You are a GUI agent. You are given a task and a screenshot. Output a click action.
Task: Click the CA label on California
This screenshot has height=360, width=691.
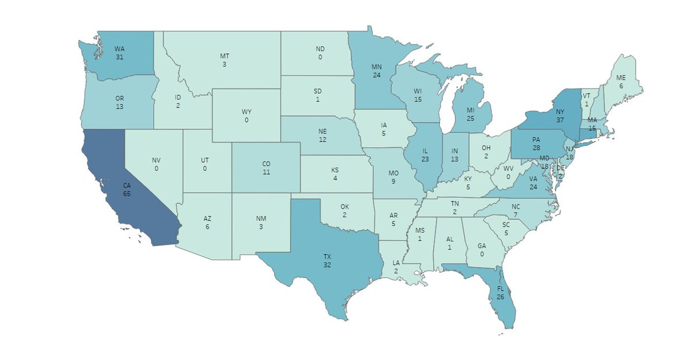click(x=126, y=185)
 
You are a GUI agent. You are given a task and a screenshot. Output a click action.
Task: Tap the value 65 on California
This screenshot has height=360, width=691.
click(x=126, y=194)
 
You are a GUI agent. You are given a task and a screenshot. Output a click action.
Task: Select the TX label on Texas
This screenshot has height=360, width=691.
click(x=327, y=256)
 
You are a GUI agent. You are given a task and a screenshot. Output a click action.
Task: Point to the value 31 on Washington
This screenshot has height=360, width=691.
click(x=120, y=57)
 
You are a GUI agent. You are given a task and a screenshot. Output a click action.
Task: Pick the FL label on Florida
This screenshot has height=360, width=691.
click(x=500, y=288)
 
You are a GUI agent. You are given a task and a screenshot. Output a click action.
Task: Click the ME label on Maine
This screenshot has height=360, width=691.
click(x=621, y=77)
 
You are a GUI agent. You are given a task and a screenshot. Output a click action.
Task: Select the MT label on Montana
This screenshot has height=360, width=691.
click(x=225, y=56)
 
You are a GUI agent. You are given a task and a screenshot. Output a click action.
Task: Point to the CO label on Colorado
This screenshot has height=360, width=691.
click(x=266, y=164)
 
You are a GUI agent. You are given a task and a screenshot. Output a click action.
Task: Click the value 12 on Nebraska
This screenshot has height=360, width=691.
click(x=322, y=140)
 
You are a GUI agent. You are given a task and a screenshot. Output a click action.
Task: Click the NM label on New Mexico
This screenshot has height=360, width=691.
click(x=261, y=219)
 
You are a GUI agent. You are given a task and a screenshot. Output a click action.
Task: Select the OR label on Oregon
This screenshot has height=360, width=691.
click(x=120, y=98)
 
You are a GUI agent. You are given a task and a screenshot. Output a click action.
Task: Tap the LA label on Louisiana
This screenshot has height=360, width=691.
click(x=396, y=263)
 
